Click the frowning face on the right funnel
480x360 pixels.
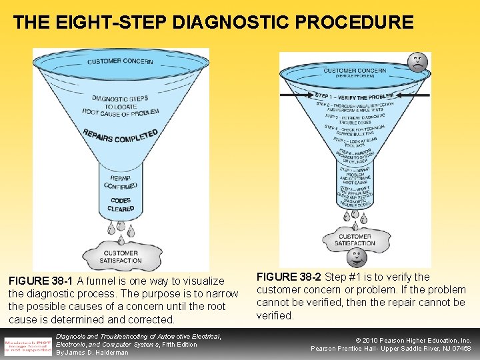417,63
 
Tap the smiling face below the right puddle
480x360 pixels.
355,259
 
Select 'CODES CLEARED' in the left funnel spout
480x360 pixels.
121,204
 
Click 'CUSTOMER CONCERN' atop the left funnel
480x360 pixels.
120,62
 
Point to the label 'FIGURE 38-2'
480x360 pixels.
289,277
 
